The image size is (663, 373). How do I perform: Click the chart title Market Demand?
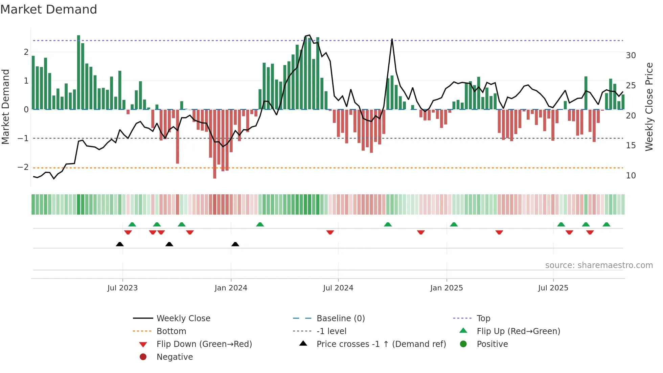pyautogui.click(x=49, y=9)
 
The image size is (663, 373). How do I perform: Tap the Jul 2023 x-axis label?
pyautogui.click(x=122, y=288)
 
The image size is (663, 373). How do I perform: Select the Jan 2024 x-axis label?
pyautogui.click(x=231, y=288)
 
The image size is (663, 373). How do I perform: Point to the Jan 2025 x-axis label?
pyautogui.click(x=447, y=288)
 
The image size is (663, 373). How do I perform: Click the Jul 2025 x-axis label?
pyautogui.click(x=553, y=288)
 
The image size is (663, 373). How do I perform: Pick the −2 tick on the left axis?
pyautogui.click(x=23, y=167)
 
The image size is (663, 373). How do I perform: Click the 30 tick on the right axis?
pyautogui.click(x=631, y=56)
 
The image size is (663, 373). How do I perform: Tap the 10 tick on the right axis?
pyautogui.click(x=631, y=176)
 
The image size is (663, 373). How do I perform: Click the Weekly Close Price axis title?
pyautogui.click(x=649, y=107)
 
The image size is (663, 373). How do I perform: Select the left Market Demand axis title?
pyautogui.click(x=6, y=107)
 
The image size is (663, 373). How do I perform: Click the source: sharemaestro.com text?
pyautogui.click(x=599, y=265)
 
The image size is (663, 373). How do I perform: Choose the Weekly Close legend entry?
pyautogui.click(x=183, y=319)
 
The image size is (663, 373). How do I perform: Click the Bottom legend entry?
pyautogui.click(x=171, y=331)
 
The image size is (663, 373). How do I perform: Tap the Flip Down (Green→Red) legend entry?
pyautogui.click(x=204, y=344)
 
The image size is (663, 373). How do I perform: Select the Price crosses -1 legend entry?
pyautogui.click(x=381, y=344)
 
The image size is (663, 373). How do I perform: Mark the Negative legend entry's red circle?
pyautogui.click(x=143, y=357)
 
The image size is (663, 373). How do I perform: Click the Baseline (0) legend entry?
pyautogui.click(x=341, y=319)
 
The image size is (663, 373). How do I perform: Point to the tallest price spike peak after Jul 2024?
pyautogui.click(x=392, y=39)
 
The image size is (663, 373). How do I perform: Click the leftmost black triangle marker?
pyautogui.click(x=120, y=244)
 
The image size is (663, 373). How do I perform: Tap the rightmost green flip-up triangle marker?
pyautogui.click(x=607, y=224)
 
